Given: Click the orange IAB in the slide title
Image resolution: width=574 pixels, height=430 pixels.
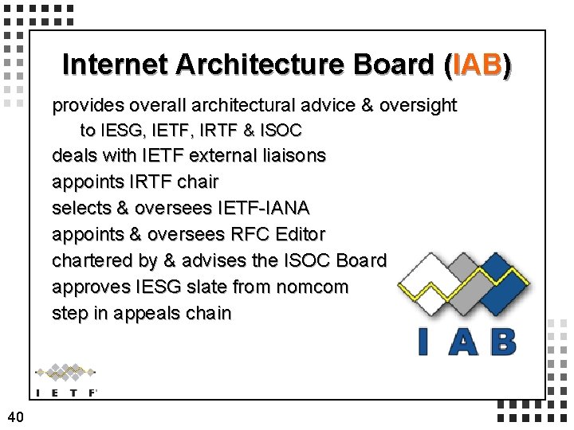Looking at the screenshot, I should tap(477, 64).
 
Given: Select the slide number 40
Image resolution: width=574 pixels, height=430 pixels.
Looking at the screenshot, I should tap(15, 416).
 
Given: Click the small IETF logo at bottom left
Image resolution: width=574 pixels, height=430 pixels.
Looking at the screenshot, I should tap(66, 380).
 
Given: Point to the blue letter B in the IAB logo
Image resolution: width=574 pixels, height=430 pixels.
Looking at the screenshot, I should tap(501, 341).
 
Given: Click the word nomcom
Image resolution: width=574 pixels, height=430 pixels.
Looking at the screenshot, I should tap(313, 287).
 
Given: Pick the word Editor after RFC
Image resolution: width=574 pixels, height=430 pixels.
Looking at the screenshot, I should tap(298, 234).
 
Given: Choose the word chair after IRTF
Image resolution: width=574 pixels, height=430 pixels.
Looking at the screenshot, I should tap(197, 182).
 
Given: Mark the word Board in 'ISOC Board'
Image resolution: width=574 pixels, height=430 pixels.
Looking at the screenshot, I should tap(361, 260).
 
